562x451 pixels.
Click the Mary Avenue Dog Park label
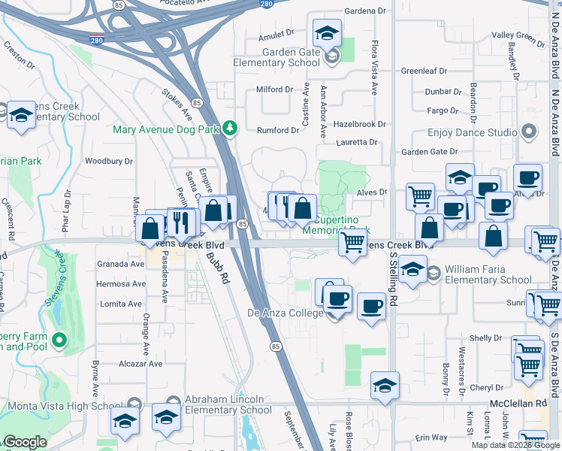point(165,129)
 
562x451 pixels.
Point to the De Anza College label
point(285,313)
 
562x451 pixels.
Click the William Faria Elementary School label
point(488,274)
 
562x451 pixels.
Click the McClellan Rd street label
point(518,404)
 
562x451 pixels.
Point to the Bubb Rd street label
point(216,264)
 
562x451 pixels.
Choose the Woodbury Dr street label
point(109,161)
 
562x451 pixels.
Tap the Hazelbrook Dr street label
point(359,124)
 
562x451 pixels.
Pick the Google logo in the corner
point(25,442)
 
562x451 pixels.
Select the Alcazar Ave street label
point(140,364)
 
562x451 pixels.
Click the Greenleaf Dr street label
point(424,71)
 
